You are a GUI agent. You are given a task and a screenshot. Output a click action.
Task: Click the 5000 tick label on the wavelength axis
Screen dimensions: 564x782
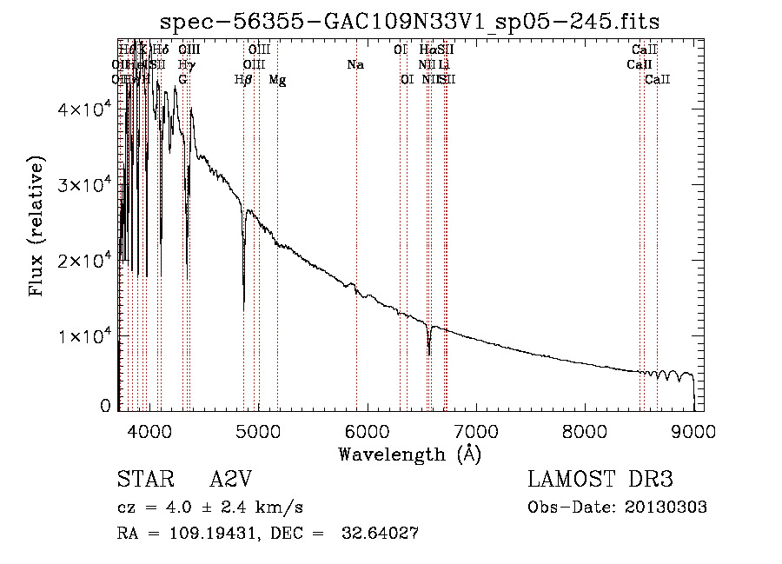pyautogui.click(x=257, y=431)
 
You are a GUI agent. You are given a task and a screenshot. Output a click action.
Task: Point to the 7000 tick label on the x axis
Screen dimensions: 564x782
pyautogui.click(x=475, y=431)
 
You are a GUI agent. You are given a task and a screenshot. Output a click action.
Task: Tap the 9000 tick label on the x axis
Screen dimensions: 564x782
pyautogui.click(x=693, y=431)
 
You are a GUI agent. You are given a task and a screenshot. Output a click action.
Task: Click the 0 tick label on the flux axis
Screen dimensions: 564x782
pyautogui.click(x=105, y=405)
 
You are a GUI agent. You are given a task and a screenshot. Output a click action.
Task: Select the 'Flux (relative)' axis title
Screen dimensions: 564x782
pyautogui.click(x=36, y=228)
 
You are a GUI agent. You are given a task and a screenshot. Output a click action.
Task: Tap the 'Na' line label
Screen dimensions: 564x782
pyautogui.click(x=355, y=65)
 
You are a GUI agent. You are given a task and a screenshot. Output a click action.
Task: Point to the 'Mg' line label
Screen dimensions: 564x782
pyautogui.click(x=277, y=80)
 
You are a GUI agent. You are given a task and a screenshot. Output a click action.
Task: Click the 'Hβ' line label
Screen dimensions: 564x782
pyautogui.click(x=243, y=80)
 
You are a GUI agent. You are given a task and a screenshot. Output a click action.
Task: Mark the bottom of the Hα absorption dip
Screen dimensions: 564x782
pyautogui.click(x=428, y=355)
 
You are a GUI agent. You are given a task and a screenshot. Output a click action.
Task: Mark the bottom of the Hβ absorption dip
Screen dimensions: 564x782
pyautogui.click(x=243, y=309)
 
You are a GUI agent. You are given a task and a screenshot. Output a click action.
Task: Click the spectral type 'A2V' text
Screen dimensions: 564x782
pyautogui.click(x=233, y=480)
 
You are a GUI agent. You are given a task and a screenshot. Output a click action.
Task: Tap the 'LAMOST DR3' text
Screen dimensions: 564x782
pyautogui.click(x=600, y=480)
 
